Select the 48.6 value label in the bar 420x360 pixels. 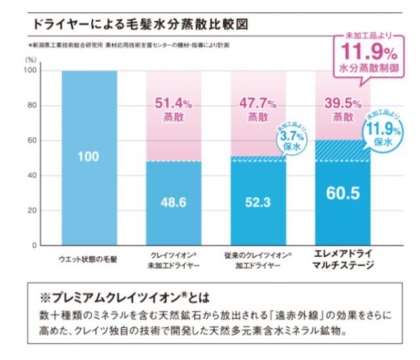pyautogui.click(x=174, y=204)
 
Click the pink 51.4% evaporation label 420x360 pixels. pyautogui.click(x=173, y=109)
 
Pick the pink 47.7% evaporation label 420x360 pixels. pyautogui.click(x=258, y=109)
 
